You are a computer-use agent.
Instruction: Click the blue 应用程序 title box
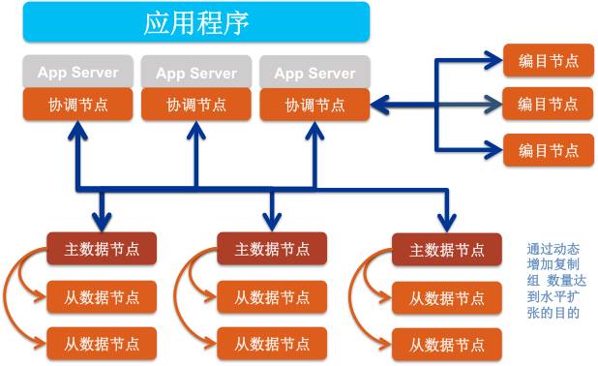pyautogui.click(x=196, y=21)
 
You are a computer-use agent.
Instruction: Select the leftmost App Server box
pyautogui.click(x=77, y=73)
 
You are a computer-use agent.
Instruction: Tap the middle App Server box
pyautogui.click(x=196, y=73)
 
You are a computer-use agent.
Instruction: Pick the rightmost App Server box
pyautogui.click(x=314, y=73)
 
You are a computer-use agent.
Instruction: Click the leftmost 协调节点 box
pyautogui.click(x=77, y=105)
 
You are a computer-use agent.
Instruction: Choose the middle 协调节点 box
pyautogui.click(x=196, y=105)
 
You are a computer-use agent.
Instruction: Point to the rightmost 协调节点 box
pyautogui.click(x=314, y=105)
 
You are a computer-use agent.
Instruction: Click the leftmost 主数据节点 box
pyautogui.click(x=102, y=249)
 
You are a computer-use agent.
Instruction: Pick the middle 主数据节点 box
pyautogui.click(x=272, y=249)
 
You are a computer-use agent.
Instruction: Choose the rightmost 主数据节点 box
pyautogui.click(x=446, y=249)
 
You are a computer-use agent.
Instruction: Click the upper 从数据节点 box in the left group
pyautogui.click(x=102, y=296)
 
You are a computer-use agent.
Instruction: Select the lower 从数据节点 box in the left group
pyautogui.click(x=102, y=343)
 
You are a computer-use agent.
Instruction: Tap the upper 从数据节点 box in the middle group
pyautogui.click(x=272, y=296)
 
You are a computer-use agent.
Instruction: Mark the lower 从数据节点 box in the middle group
pyautogui.click(x=272, y=343)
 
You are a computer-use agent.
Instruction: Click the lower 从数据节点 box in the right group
pyautogui.click(x=446, y=343)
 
